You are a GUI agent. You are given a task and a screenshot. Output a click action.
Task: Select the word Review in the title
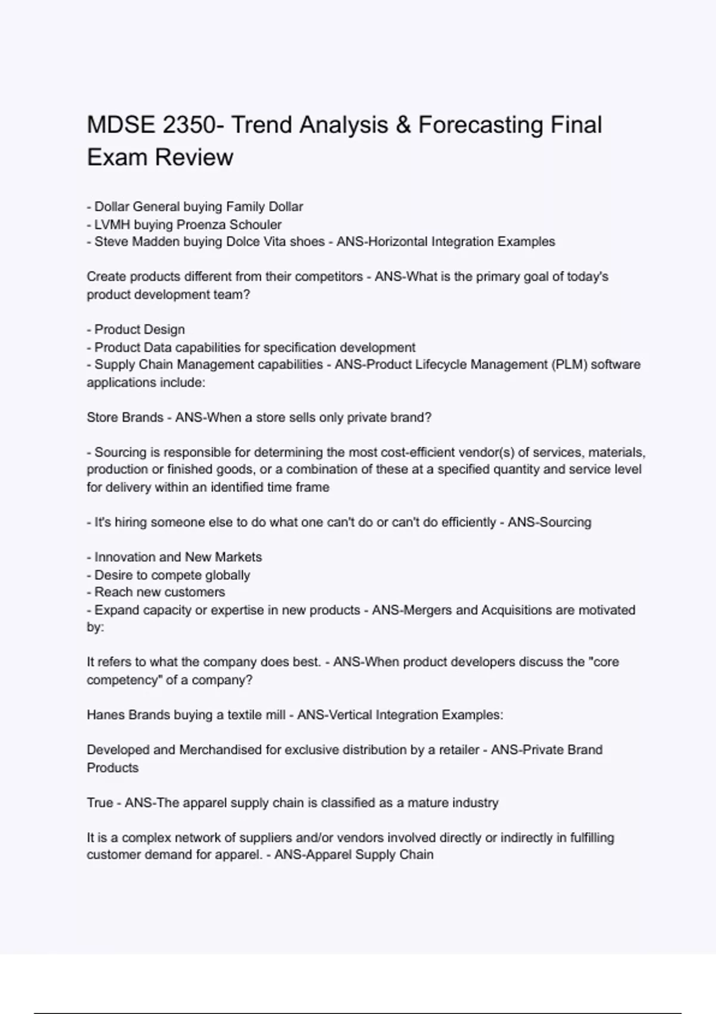(x=194, y=157)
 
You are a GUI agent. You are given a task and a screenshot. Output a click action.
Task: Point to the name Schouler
(x=255, y=225)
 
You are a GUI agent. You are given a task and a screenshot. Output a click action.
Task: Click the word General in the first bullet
(x=156, y=207)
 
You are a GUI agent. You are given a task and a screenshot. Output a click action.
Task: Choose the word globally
(x=227, y=575)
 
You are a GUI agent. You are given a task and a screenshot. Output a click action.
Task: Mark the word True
(x=100, y=803)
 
